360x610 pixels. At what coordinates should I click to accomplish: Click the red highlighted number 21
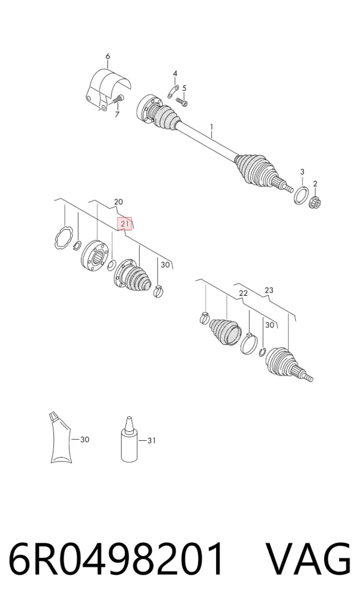[x=125, y=224]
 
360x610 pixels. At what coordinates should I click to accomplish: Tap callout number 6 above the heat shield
[x=108, y=56]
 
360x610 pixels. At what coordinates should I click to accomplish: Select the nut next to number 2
[x=314, y=202]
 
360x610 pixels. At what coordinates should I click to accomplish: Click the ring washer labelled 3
[x=301, y=195]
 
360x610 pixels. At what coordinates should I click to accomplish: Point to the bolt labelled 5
[x=181, y=101]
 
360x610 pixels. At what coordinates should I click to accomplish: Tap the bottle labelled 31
[x=130, y=439]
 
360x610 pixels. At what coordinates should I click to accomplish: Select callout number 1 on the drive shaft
[x=212, y=127]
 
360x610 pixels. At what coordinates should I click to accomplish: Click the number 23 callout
[x=269, y=290]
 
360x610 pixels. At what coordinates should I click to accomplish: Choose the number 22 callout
[x=243, y=293]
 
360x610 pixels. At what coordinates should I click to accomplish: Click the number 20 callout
[x=118, y=202]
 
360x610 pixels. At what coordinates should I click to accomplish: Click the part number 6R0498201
[x=116, y=559]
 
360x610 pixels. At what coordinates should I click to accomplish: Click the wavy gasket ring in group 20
[x=63, y=238]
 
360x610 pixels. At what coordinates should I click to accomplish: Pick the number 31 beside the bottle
[x=151, y=440]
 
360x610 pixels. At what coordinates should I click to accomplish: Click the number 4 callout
[x=175, y=73]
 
